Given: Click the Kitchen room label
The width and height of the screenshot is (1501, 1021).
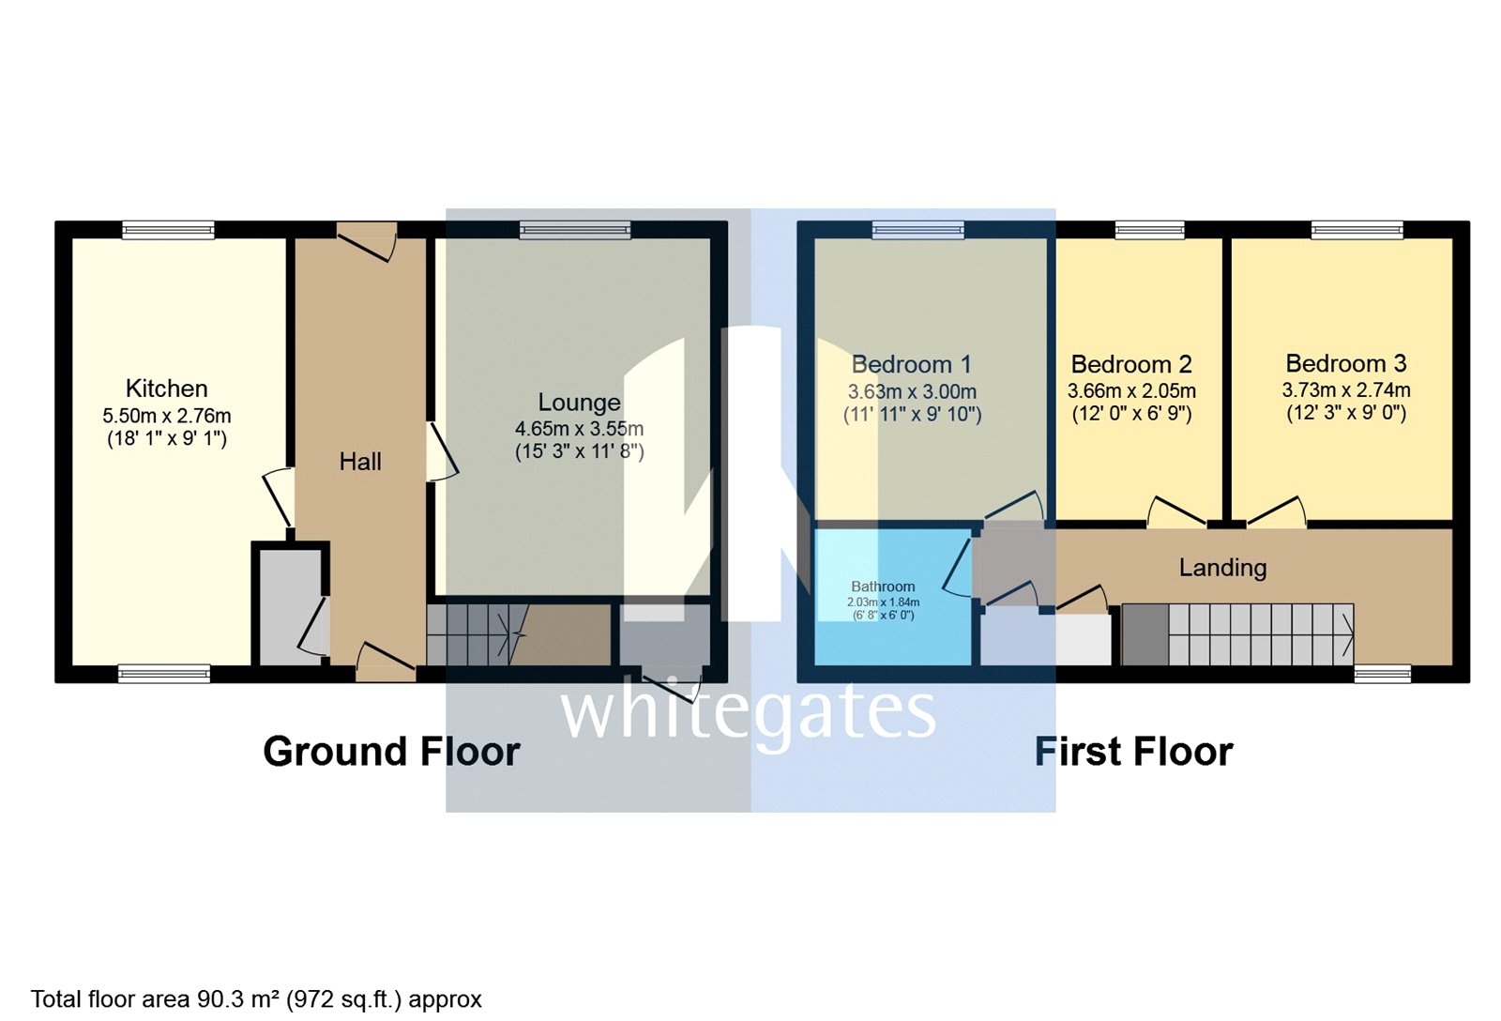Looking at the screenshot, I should coord(166,389).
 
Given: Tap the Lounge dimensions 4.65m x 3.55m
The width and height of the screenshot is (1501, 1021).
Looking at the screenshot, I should coord(579,429).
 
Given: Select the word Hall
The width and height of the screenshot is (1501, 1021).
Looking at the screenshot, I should coord(360,462).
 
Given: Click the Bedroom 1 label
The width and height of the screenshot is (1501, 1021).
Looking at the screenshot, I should coord(911,364).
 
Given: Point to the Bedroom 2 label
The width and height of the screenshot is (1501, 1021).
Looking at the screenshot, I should coord(1131,364).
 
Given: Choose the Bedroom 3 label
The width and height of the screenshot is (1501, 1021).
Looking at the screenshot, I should coord(1345,363).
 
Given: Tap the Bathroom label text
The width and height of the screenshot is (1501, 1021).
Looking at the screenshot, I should coord(883,587).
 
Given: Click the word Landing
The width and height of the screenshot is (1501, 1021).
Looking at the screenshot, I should coord(1222,568).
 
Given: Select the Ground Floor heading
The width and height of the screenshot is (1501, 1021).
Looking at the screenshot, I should coord(391,752).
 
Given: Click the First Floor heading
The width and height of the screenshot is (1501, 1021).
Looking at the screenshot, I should coord(1133,752).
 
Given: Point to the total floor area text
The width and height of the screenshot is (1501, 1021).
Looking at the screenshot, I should coord(256,999).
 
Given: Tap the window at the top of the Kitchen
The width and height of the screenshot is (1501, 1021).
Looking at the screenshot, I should coord(168,229).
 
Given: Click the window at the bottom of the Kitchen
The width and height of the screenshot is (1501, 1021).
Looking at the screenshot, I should coord(163,673).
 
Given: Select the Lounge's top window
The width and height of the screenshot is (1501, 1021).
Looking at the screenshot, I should coord(575,229).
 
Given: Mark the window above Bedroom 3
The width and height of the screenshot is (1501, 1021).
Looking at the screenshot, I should coord(1357,229).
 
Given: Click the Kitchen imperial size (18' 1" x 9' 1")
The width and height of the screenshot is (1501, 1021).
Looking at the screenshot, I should coord(166,438).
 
